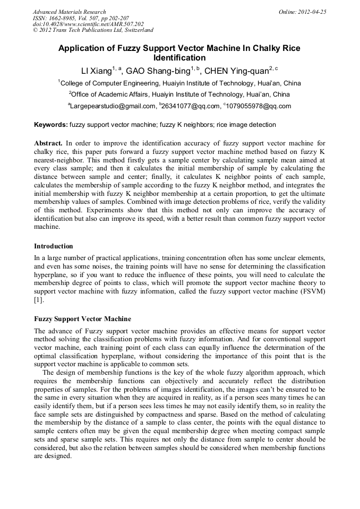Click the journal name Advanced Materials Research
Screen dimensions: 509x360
click(69, 12)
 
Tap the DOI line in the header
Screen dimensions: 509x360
click(88, 24)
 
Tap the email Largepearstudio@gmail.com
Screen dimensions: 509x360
click(112, 106)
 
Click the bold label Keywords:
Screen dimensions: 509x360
click(50, 125)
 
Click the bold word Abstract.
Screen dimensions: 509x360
click(48, 143)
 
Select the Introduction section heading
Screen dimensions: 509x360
click(54, 246)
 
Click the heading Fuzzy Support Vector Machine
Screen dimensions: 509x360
click(82, 319)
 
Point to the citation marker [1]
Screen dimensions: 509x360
click(39, 300)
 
